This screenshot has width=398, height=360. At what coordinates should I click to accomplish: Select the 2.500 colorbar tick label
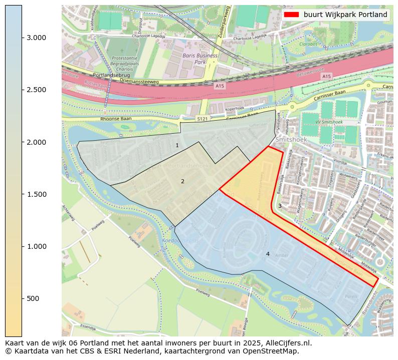coord(36,90)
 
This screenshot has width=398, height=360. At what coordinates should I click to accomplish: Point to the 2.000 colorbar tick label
coord(36,142)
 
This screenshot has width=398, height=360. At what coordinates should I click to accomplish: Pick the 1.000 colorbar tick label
coord(36,246)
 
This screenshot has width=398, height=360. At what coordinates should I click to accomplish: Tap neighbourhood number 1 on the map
coord(177,145)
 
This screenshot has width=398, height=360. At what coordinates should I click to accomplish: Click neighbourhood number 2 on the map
coord(182,181)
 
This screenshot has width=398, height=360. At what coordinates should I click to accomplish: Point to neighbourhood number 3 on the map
coord(280,206)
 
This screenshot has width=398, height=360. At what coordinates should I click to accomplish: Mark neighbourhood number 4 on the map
coord(268,254)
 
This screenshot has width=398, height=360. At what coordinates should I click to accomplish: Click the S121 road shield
coord(202,119)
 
